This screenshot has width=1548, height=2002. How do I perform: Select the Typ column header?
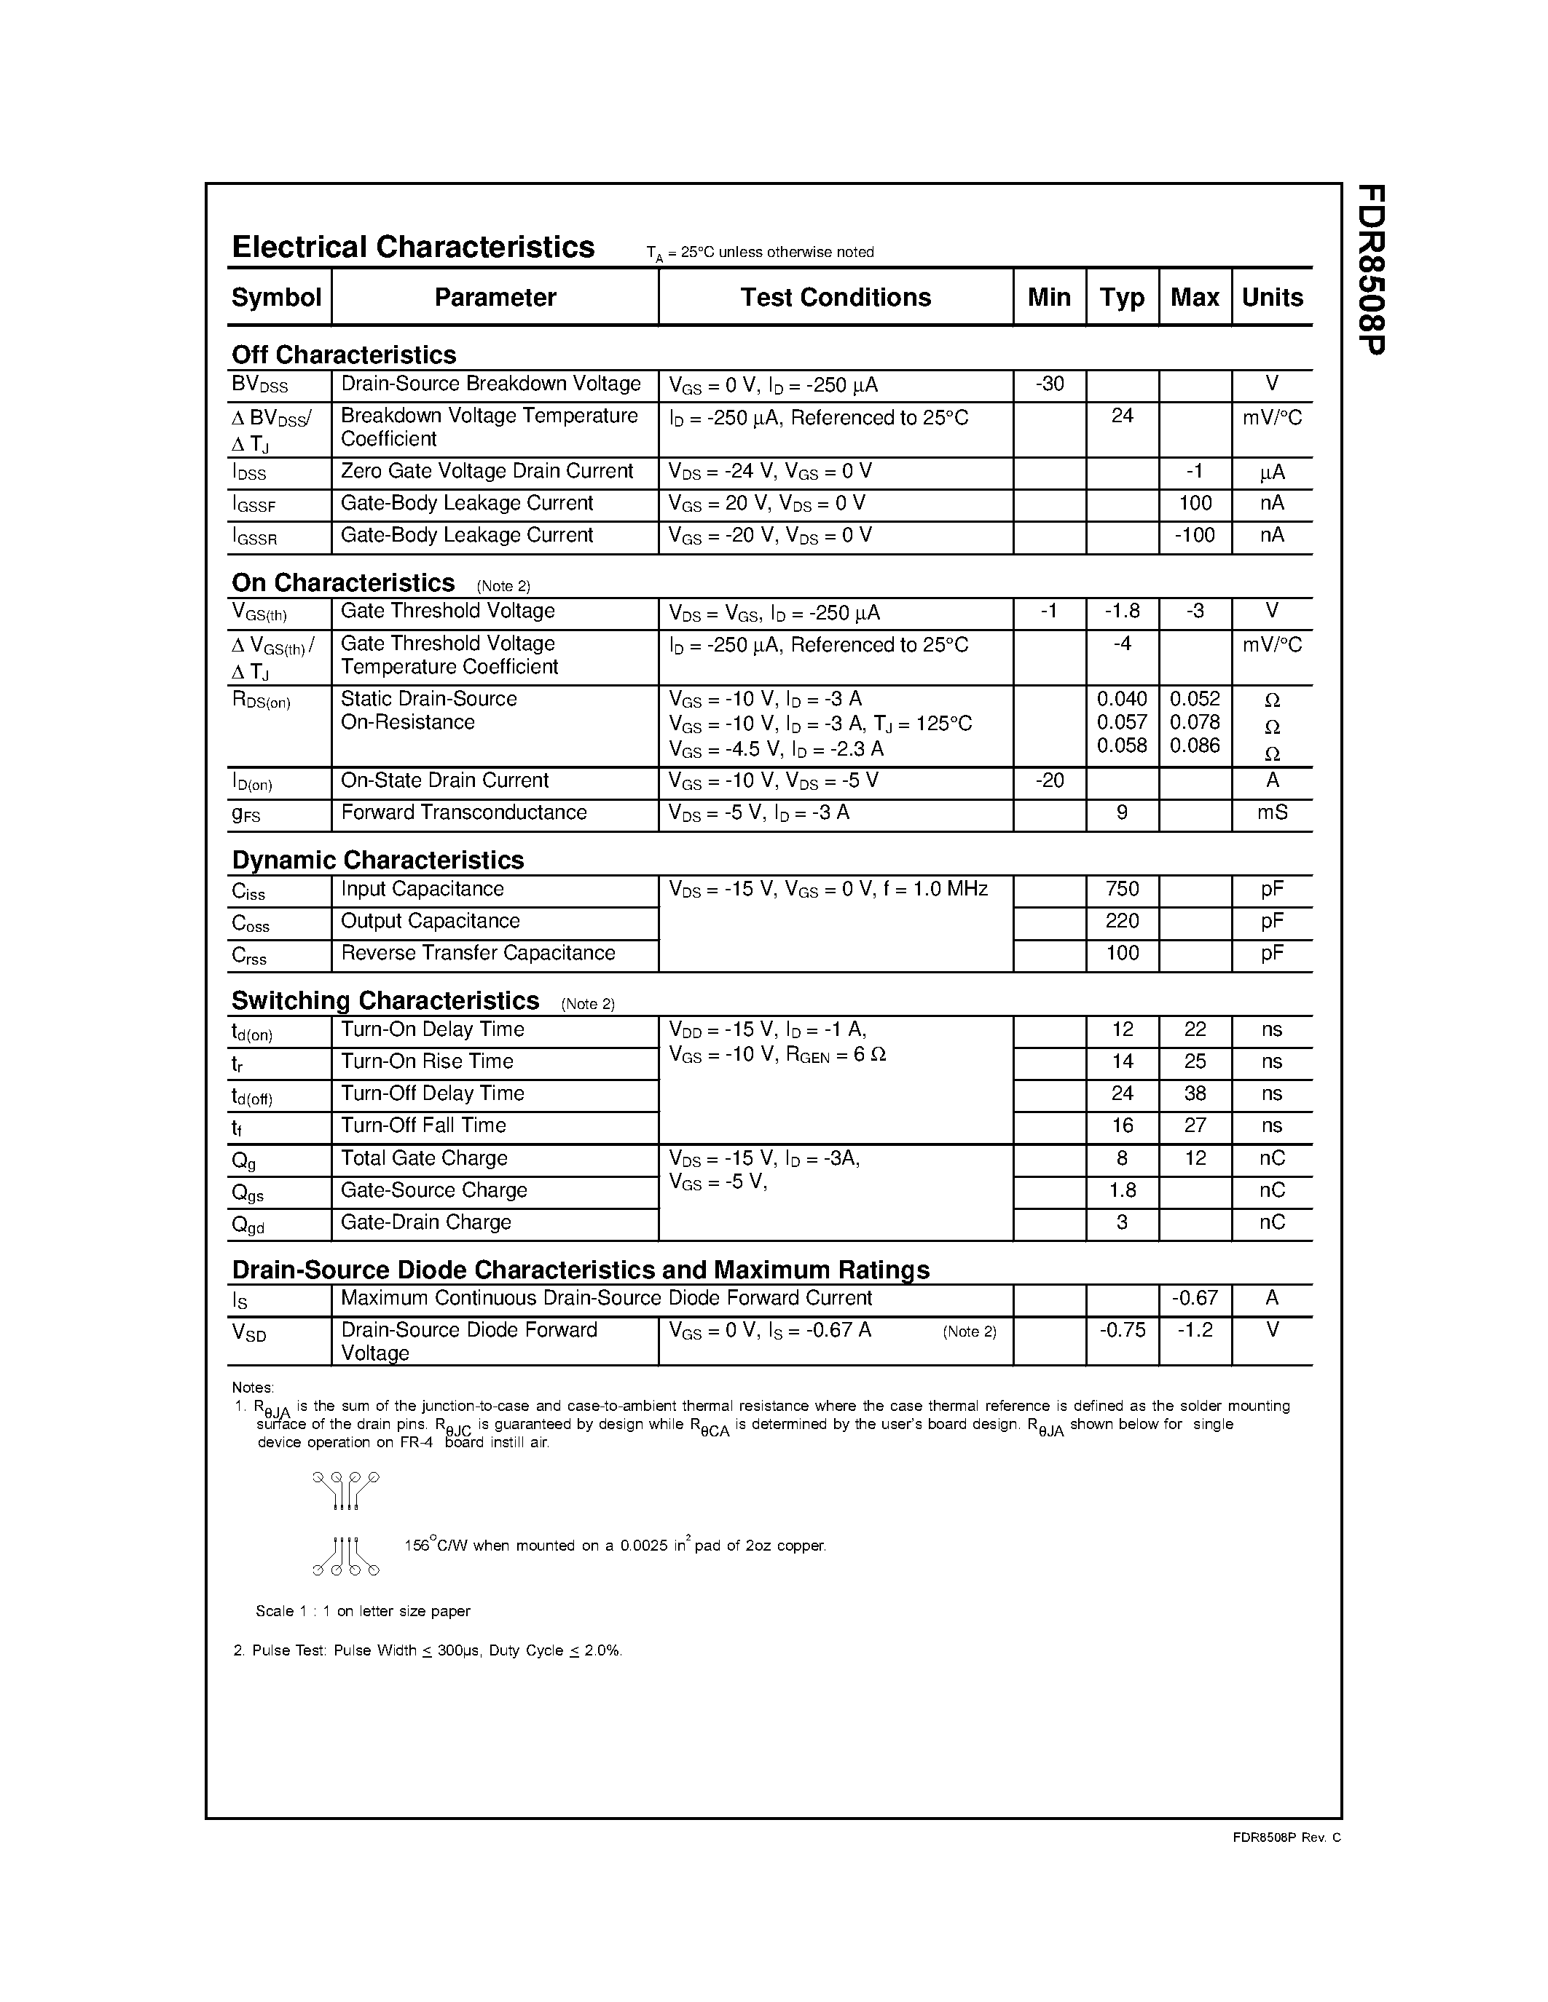tap(1122, 297)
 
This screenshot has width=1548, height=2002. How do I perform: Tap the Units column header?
tap(1271, 297)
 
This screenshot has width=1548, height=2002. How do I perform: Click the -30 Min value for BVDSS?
tap(1049, 384)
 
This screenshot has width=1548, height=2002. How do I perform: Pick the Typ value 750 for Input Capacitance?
tap(1122, 889)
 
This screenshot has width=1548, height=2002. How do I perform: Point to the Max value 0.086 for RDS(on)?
tap(1194, 745)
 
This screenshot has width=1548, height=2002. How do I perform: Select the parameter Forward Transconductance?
tap(463, 812)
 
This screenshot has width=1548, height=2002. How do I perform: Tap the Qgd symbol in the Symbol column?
tap(248, 1224)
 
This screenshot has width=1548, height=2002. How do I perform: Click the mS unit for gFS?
tap(1272, 812)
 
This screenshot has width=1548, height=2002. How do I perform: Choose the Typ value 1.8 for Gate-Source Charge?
tap(1122, 1190)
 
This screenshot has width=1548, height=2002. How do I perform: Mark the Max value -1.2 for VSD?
tap(1194, 1330)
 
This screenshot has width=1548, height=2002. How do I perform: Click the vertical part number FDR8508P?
tap(1371, 269)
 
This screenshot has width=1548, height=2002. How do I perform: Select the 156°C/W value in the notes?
tap(436, 1546)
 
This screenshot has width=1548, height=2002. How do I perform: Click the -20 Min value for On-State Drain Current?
tap(1049, 780)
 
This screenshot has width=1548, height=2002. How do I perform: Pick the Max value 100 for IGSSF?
tap(1195, 503)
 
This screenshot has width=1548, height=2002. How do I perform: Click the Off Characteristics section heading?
tap(343, 355)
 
